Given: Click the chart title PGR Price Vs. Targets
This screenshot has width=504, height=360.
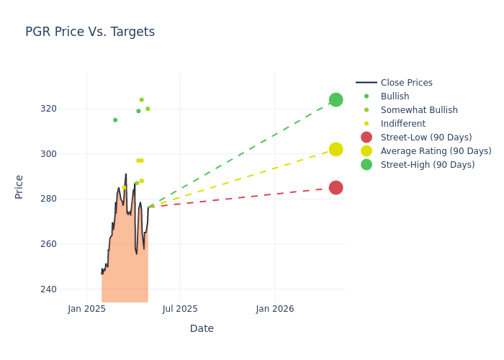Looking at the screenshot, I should point(90,32).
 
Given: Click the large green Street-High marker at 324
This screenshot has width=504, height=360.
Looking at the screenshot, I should point(336,99).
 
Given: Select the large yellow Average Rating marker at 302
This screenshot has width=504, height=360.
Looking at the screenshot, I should point(336,149).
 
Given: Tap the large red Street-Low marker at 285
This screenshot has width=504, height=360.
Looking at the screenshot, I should point(336,187).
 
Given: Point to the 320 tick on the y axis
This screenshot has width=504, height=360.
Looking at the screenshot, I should point(68,109).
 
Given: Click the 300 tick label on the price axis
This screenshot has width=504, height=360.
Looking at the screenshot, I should point(68,154).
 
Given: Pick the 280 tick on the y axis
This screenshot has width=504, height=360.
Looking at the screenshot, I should point(68,199).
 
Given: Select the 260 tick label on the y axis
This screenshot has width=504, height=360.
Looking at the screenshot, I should point(68,244).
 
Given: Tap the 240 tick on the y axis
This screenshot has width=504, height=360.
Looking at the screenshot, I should point(68,289).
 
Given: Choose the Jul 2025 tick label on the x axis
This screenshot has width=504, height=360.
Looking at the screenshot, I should point(180,309).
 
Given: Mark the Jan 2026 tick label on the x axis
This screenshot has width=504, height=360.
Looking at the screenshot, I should point(274,309).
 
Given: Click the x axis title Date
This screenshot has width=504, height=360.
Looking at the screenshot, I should point(202,328).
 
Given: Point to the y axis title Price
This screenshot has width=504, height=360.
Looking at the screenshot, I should point(19,186).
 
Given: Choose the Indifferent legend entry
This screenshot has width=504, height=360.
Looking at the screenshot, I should point(402,124).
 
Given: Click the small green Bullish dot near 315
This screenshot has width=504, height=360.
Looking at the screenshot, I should point(115,120).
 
